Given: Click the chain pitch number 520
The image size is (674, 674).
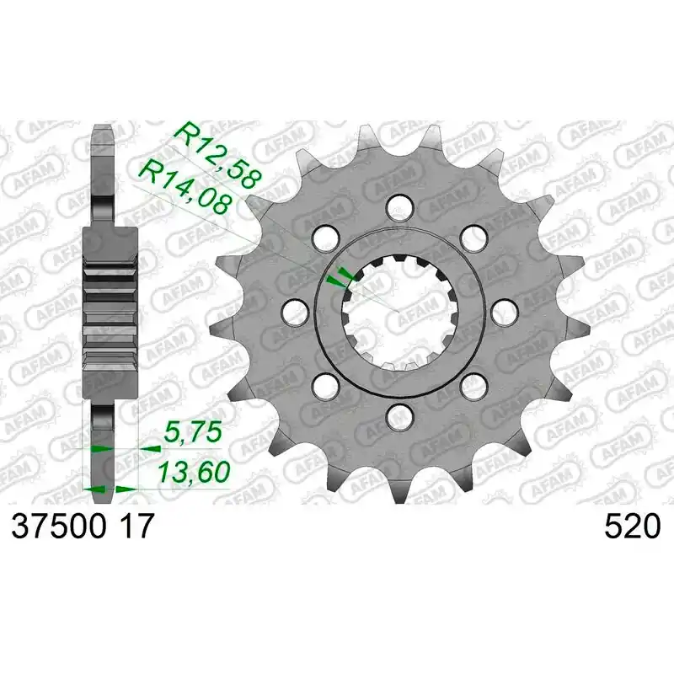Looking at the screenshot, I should coord(632,527).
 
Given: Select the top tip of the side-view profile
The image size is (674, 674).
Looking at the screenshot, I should coord(101,131).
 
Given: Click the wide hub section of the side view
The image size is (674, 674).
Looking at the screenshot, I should coord(110,312).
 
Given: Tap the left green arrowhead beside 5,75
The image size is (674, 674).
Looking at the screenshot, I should coord(100,448).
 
